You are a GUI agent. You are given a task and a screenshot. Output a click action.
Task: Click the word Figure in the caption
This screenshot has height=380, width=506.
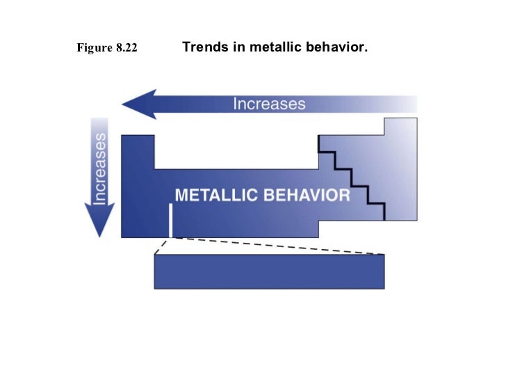93,49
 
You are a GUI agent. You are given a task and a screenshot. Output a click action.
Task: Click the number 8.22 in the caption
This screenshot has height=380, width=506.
126,49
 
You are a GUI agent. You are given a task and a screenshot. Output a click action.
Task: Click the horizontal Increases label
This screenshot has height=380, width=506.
269,104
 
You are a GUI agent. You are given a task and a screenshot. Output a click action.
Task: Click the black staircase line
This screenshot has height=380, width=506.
352,178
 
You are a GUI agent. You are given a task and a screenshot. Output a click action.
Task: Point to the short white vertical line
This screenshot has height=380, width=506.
170,221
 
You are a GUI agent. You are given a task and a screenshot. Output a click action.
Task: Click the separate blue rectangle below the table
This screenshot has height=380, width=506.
269,271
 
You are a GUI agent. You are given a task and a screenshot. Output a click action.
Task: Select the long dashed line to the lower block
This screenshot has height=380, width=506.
278,246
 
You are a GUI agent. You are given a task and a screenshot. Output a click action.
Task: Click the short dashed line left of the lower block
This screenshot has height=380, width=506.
161,246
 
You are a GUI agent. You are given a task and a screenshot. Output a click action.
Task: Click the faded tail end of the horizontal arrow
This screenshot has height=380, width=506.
407,104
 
